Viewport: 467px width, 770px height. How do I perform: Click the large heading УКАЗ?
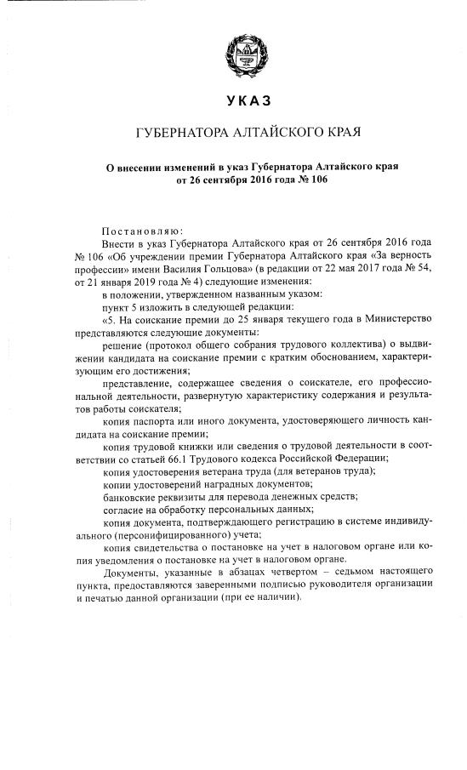pyautogui.click(x=237, y=101)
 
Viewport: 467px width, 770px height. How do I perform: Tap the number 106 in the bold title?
pyautogui.click(x=316, y=181)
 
